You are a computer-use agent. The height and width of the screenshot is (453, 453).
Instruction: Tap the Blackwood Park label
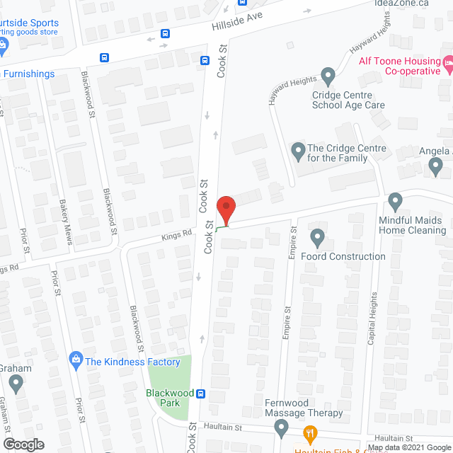[x=165, y=398]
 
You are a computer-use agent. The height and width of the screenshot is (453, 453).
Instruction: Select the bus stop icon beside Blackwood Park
[x=201, y=394]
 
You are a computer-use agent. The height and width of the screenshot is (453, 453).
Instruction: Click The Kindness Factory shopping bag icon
[x=76, y=361]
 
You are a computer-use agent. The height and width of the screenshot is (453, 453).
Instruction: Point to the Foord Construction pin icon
[x=317, y=237]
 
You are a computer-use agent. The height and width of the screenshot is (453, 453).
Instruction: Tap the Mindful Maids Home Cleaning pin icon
[x=395, y=201]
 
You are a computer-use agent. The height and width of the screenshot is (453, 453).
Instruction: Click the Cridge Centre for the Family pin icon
[x=298, y=151]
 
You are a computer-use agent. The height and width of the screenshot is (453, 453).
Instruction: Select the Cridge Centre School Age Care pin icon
[x=327, y=74]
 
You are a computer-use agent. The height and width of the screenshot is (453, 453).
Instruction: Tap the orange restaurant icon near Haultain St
[x=309, y=432]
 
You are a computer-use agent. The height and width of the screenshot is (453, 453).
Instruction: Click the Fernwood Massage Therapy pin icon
[x=282, y=427]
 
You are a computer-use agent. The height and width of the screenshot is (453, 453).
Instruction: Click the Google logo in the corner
[x=23, y=445]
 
